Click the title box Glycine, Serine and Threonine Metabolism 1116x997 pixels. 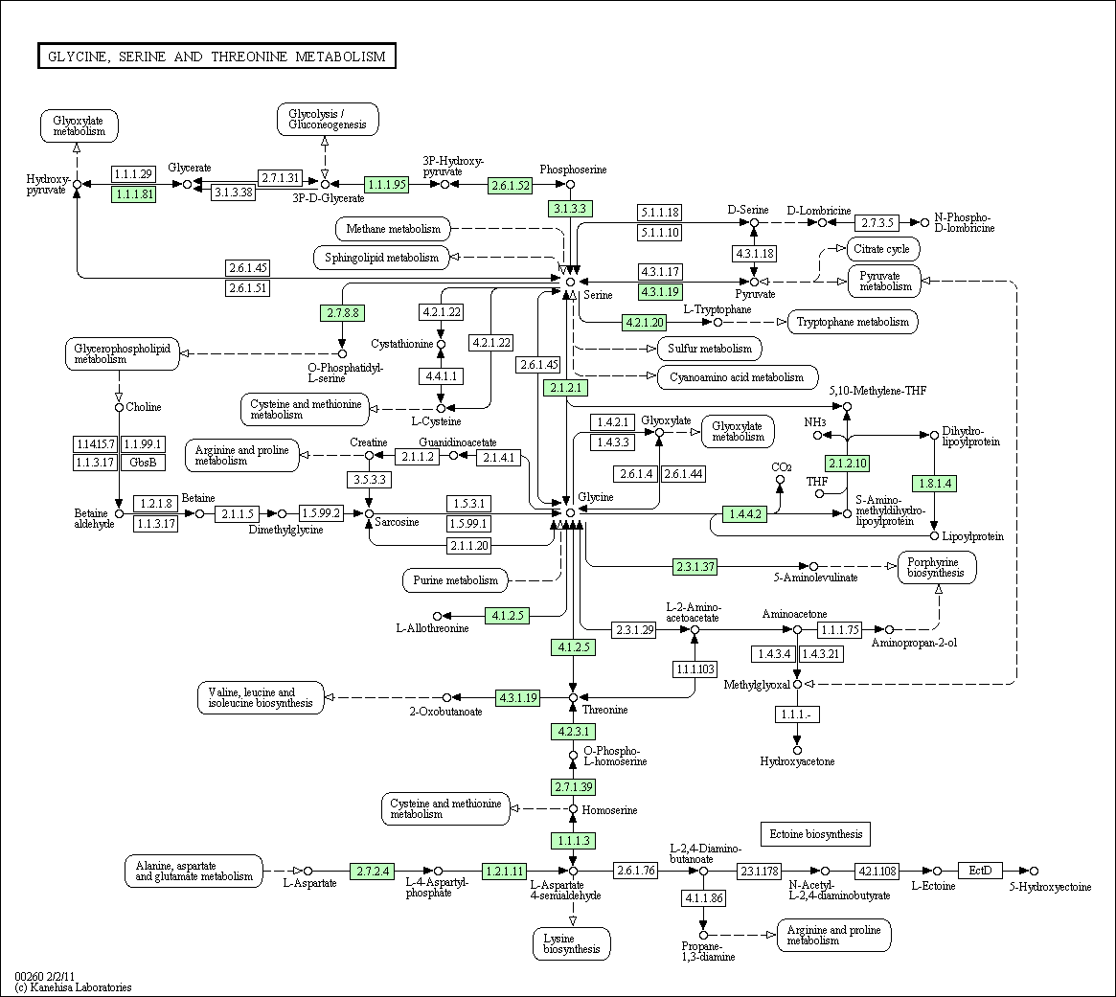pos(216,57)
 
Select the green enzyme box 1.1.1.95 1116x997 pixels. pos(386,184)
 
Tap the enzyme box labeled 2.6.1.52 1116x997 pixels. pos(511,185)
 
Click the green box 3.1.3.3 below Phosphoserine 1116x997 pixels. pos(570,209)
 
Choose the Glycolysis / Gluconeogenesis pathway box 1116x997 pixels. pos(328,119)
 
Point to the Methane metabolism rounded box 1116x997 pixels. pos(393,229)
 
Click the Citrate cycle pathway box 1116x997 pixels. pos(882,249)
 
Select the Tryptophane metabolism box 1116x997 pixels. pos(853,322)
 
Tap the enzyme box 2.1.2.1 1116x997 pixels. pos(566,388)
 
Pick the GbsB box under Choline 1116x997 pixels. pos(143,463)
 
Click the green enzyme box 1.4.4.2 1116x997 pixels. pos(745,513)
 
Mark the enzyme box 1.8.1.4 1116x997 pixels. pos(935,484)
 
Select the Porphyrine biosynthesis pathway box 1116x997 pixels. pos(937,567)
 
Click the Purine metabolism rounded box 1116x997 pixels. pos(456,580)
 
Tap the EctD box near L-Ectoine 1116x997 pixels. pos(980,871)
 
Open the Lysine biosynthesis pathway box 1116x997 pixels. pos(572,943)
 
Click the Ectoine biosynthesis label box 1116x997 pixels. pos(815,834)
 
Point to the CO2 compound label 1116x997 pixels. pos(782,467)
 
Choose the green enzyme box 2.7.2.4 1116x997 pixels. pos(373,871)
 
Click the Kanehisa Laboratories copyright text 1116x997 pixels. pos(74,987)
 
